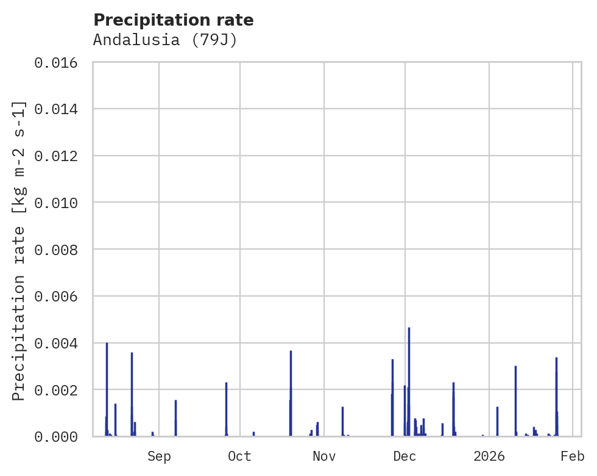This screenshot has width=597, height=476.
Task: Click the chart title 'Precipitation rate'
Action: (x=174, y=20)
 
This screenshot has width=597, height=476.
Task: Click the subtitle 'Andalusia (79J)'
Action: (x=164, y=40)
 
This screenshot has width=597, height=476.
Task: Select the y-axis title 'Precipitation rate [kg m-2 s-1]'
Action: (x=19, y=251)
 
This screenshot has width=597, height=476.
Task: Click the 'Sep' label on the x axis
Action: (x=159, y=456)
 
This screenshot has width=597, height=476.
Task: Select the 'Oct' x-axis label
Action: (x=239, y=456)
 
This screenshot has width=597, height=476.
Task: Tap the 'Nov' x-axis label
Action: (x=324, y=456)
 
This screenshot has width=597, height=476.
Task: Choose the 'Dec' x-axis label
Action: (x=404, y=456)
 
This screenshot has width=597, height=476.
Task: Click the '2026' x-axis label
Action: (x=489, y=456)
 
